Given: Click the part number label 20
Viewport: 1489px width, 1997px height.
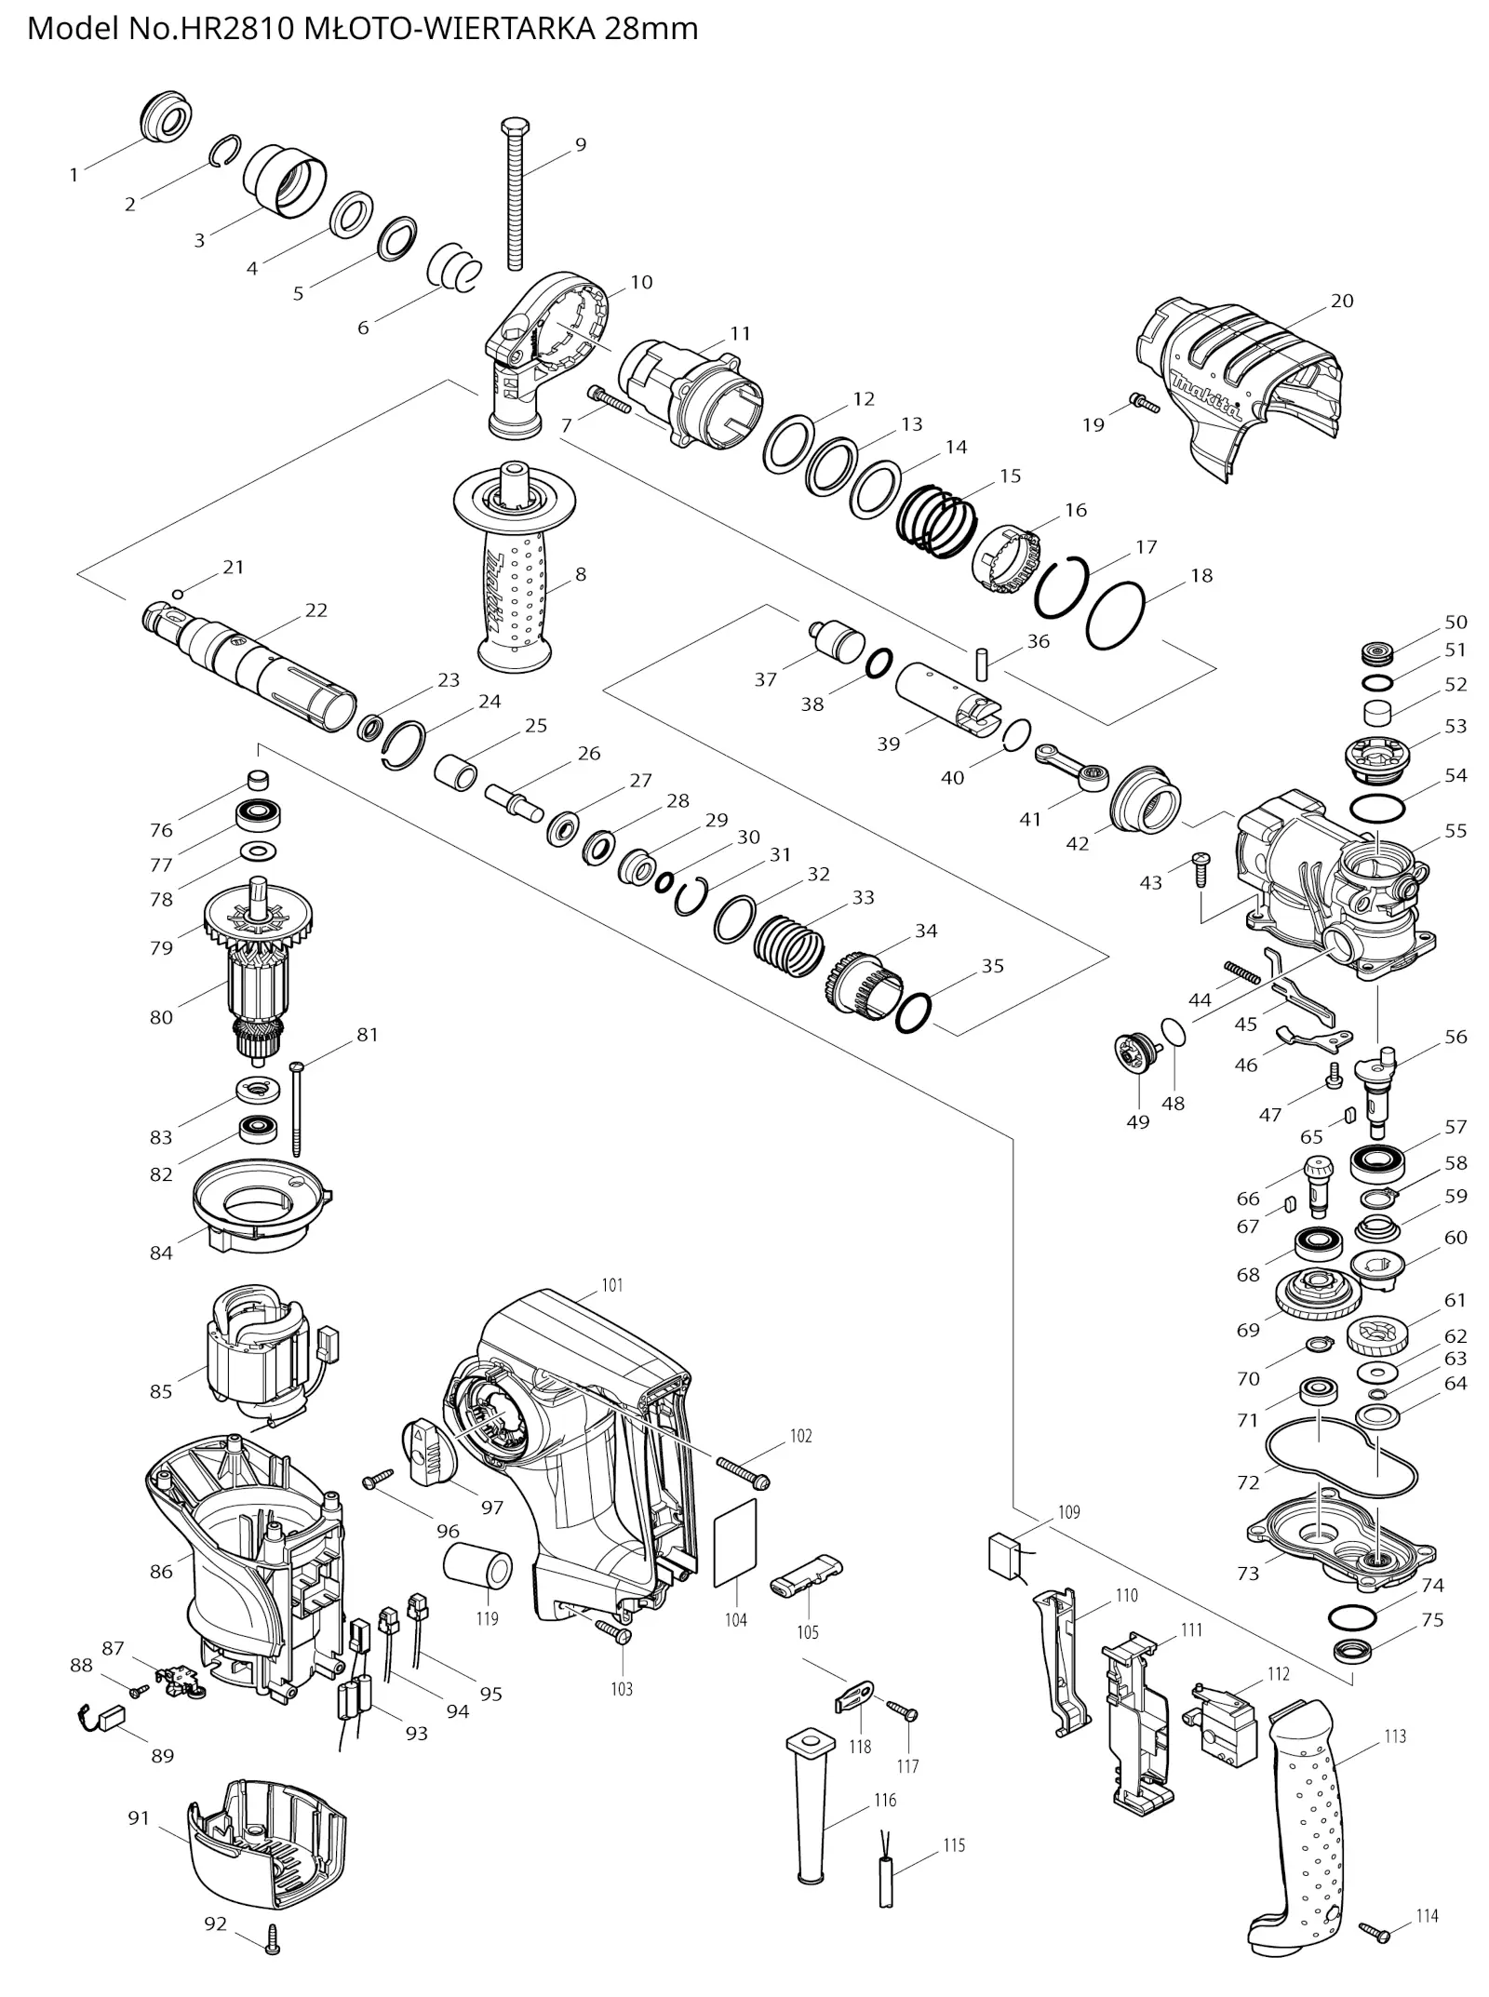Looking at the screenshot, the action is [1341, 301].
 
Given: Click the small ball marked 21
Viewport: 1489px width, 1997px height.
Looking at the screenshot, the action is [178, 594].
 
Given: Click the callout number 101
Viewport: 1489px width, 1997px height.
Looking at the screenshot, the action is [611, 1285].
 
